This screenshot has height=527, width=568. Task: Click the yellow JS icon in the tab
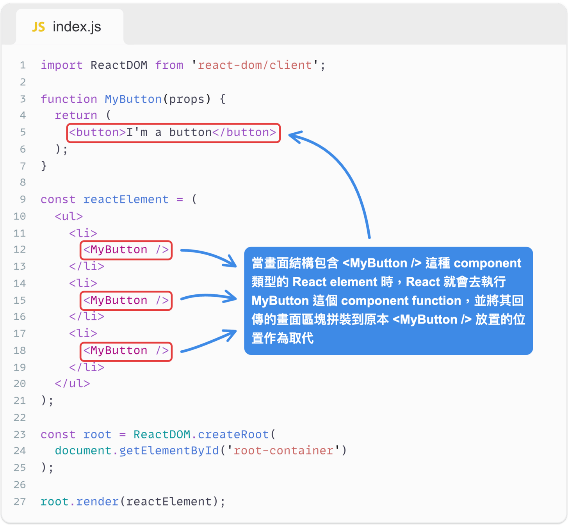point(38,27)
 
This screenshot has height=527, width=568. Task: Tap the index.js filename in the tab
point(77,27)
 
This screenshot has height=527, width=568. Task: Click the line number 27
point(20,501)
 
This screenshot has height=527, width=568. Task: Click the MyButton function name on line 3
point(133,99)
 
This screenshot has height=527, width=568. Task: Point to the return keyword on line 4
point(76,115)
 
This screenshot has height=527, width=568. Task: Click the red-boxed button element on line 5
point(173,133)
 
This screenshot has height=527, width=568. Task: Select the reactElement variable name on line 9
point(126,199)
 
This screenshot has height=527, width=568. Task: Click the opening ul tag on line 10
point(69,216)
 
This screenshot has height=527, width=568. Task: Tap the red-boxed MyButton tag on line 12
point(126,250)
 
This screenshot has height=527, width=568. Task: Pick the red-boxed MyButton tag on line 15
point(126,300)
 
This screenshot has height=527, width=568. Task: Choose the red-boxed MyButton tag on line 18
point(126,351)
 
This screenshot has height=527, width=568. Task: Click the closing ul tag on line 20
point(72,384)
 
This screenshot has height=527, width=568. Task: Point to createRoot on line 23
point(233,434)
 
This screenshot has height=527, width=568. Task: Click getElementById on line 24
point(169,451)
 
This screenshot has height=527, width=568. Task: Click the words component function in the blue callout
point(401,301)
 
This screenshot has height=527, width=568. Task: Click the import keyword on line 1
point(61,65)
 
